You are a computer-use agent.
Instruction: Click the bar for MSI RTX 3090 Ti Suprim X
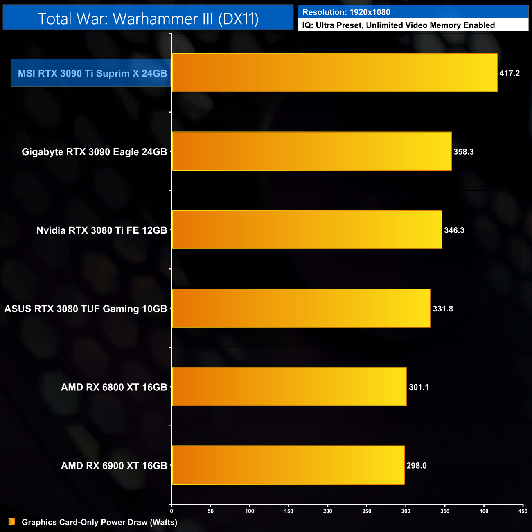coord(334,73)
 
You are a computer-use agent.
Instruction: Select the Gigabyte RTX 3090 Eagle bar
coord(311,151)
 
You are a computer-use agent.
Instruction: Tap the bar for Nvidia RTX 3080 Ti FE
coord(307,230)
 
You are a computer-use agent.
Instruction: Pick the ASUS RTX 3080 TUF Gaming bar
coord(301,308)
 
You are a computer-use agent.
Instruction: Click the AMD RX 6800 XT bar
coord(289,387)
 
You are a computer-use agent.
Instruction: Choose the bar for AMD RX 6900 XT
coord(288,465)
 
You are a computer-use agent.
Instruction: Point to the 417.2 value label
coord(509,73)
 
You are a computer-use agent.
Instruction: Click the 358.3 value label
coord(464,152)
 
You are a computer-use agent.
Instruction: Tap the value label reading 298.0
coord(417,466)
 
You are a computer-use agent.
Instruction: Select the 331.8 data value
coord(443,309)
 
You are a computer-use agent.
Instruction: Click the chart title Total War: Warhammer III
coord(148,18)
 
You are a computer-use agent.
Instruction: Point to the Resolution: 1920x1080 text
coord(346,12)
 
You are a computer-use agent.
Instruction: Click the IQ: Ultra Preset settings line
coord(398,25)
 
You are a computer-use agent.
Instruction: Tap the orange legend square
coord(12,522)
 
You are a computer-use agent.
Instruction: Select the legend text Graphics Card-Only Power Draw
coord(99,522)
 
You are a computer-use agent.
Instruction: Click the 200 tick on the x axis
coord(327,511)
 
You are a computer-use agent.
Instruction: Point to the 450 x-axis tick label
coord(523,511)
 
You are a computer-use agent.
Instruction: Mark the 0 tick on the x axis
coord(171,511)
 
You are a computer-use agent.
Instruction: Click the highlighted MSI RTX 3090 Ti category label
coord(92,73)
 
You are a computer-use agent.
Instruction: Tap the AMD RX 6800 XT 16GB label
coord(114,387)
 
